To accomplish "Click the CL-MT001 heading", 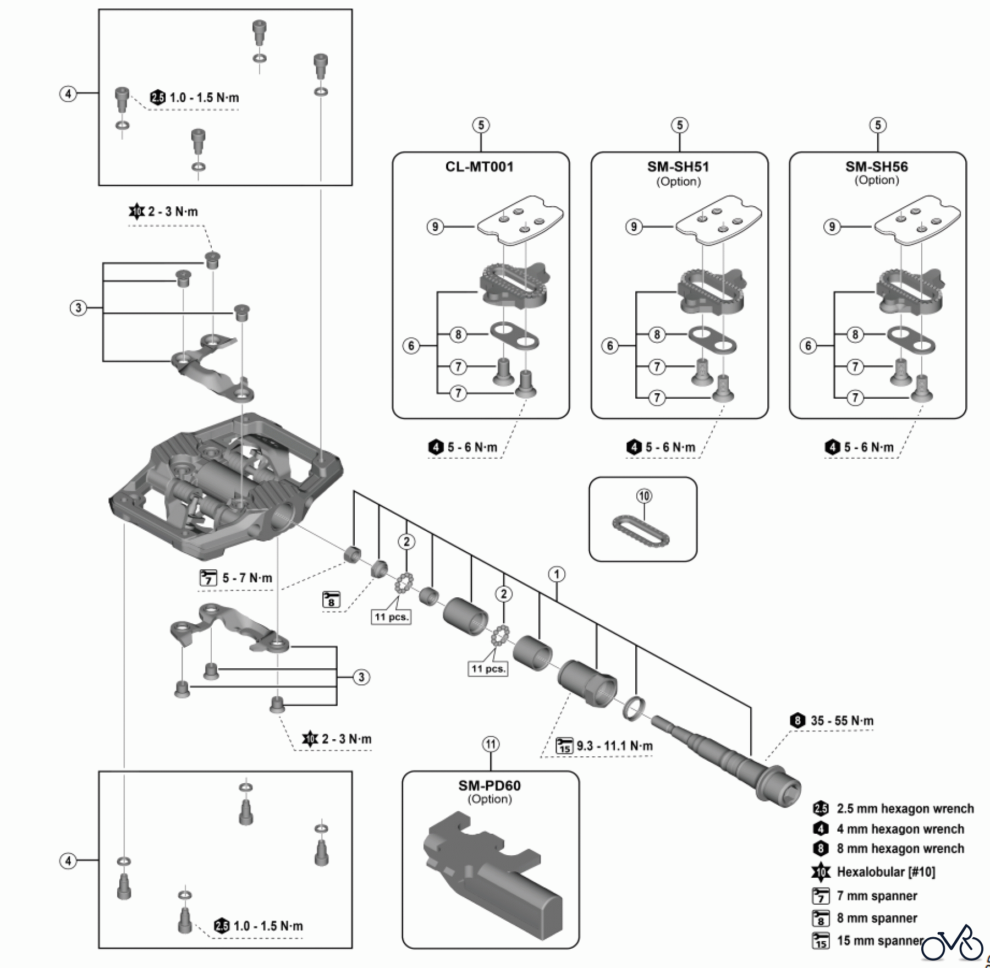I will (480, 167).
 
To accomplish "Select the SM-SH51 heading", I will (678, 167).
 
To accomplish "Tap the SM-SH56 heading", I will (877, 167).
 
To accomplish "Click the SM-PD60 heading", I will (490, 785).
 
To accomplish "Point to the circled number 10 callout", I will (644, 496).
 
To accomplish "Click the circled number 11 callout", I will (491, 745).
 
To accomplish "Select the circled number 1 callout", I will (557, 575).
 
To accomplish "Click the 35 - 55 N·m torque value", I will (842, 721).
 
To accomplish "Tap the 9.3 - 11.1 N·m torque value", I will (614, 746).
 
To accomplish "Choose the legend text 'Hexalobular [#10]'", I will (886, 872).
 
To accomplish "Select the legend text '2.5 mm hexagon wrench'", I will (905, 809).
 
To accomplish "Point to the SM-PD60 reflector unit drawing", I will (490, 869).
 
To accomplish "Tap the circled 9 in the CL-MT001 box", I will (435, 226).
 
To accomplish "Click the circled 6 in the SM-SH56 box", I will (808, 346).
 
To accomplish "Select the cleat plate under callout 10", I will (641, 530).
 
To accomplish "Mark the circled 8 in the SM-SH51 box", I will (657, 334).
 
